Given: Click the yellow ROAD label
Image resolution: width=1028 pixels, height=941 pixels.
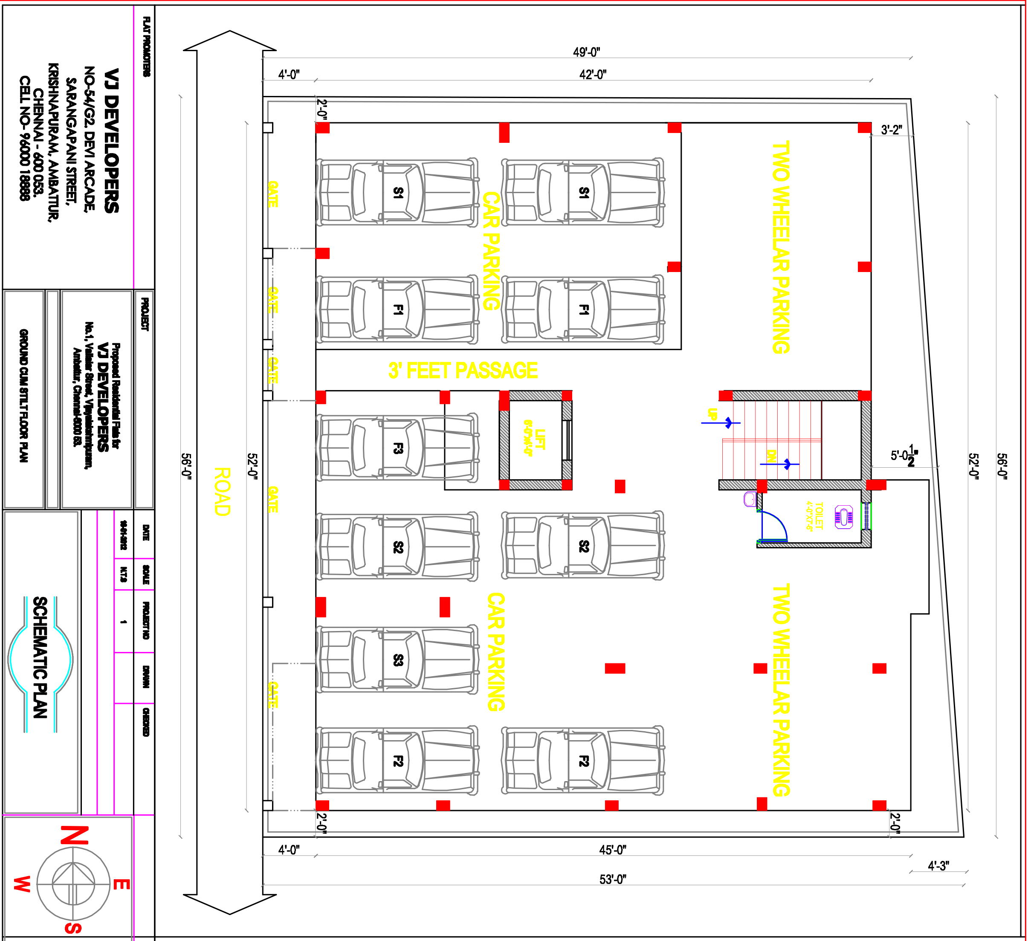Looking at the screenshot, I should (x=222, y=492).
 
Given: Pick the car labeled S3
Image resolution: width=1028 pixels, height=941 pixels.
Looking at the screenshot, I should (x=397, y=660).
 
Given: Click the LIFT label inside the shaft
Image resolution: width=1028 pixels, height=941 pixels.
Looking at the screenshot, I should (x=534, y=439).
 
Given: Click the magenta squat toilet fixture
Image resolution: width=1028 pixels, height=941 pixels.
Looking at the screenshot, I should (x=844, y=517).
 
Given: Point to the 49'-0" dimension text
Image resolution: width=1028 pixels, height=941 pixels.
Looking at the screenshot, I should (x=586, y=52).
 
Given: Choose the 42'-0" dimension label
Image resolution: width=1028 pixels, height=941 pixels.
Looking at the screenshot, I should (x=593, y=75).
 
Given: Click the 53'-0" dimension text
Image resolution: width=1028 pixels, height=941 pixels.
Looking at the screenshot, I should (x=612, y=879).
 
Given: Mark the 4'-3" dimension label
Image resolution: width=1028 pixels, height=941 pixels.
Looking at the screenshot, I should (x=938, y=866).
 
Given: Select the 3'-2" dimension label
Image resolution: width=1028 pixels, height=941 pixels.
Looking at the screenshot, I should (x=891, y=130).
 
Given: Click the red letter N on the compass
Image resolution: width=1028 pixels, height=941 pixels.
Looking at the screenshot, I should (x=75, y=835).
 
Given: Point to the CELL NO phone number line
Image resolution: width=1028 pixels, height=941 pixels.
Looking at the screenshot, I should (x=24, y=138).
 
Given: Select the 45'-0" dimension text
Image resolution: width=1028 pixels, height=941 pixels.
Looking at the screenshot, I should (x=612, y=850).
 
